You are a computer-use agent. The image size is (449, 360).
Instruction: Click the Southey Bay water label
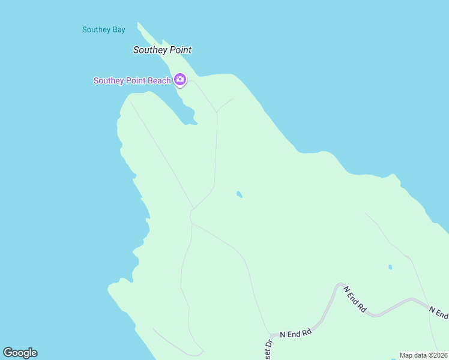click(103, 29)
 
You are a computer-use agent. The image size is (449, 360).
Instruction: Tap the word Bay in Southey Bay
click(119, 29)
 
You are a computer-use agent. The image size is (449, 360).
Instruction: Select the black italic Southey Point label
click(162, 50)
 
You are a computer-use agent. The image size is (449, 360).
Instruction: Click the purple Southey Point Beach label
click(132, 80)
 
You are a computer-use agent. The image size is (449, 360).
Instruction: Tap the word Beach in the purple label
click(160, 80)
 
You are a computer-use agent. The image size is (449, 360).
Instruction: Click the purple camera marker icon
click(179, 79)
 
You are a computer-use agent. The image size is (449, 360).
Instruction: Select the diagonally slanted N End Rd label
click(355, 298)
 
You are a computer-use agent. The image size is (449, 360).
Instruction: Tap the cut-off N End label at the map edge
click(439, 312)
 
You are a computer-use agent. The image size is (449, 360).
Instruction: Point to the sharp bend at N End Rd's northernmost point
click(340, 284)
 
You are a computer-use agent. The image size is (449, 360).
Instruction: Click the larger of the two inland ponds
click(240, 194)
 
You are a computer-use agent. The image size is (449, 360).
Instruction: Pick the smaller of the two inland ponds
click(390, 267)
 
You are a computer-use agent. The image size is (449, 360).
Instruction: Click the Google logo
click(20, 353)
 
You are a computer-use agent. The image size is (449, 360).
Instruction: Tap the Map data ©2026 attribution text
click(424, 355)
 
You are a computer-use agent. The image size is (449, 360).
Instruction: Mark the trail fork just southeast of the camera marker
click(217, 112)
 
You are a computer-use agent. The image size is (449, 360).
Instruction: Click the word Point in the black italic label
click(180, 50)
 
